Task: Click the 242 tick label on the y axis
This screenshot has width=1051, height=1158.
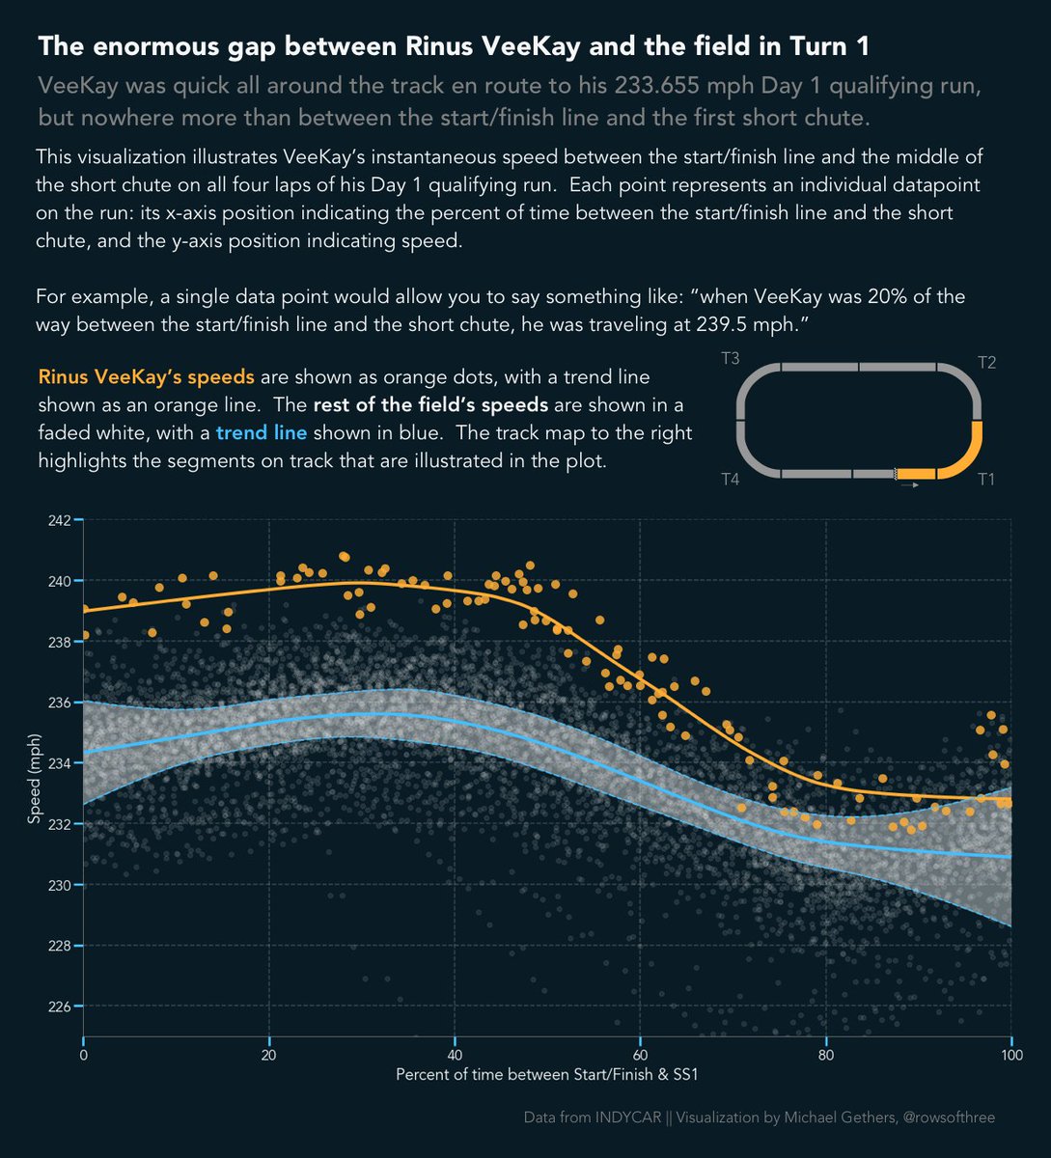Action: (59, 520)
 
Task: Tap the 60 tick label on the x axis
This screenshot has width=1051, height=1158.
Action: (639, 1055)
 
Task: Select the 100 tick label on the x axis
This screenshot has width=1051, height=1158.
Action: (1010, 1055)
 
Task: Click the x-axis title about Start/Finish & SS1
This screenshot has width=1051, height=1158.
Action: (546, 1074)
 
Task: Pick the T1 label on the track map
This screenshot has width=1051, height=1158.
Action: (986, 480)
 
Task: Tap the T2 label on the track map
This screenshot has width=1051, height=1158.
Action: (986, 363)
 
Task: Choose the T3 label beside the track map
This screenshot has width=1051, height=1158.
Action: (731, 359)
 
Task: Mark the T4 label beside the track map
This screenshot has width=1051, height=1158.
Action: (731, 480)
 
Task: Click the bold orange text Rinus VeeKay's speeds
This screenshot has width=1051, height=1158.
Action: (147, 376)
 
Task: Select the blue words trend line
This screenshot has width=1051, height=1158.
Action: (262, 432)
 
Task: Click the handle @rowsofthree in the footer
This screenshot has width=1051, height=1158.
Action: (947, 1117)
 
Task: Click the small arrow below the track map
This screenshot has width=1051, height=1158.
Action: (908, 484)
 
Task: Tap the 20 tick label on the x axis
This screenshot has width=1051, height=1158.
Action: (269, 1055)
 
